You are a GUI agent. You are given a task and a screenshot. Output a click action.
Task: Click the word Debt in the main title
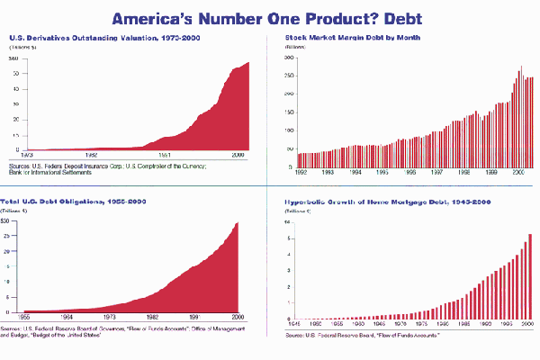click(x=400, y=18)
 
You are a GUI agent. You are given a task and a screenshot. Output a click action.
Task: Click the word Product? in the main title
click(x=327, y=18)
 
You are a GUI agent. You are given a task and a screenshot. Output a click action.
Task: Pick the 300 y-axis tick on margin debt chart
click(x=290, y=57)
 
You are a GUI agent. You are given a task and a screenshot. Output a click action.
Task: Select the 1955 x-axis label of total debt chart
click(x=26, y=318)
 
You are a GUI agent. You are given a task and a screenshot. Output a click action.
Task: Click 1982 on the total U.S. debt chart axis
click(x=154, y=318)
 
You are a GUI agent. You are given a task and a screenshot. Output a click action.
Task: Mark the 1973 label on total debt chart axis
click(x=111, y=318)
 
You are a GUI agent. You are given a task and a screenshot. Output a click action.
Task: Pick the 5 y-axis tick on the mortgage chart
click(x=288, y=238)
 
